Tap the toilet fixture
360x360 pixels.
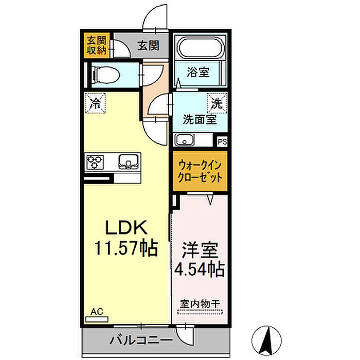click(106, 75)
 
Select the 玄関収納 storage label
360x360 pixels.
click(97, 46)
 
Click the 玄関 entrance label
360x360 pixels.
click(148, 45)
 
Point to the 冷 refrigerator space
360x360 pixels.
click(95, 103)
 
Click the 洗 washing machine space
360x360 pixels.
click(217, 103)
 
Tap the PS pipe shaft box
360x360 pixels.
click(222, 141)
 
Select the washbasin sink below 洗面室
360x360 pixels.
click(184, 140)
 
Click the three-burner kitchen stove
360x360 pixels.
click(95, 162)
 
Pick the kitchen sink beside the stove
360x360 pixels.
click(129, 161)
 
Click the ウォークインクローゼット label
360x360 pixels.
click(200, 171)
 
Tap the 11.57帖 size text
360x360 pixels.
click(126, 248)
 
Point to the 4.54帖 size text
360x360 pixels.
click(200, 269)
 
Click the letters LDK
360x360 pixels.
click(126, 227)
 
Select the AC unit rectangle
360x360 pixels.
click(97, 319)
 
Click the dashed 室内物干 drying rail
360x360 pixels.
click(200, 312)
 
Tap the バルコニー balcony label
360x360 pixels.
click(141, 340)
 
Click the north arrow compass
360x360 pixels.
click(266, 340)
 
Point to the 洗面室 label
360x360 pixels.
click(200, 120)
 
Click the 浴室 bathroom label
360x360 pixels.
click(198, 72)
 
